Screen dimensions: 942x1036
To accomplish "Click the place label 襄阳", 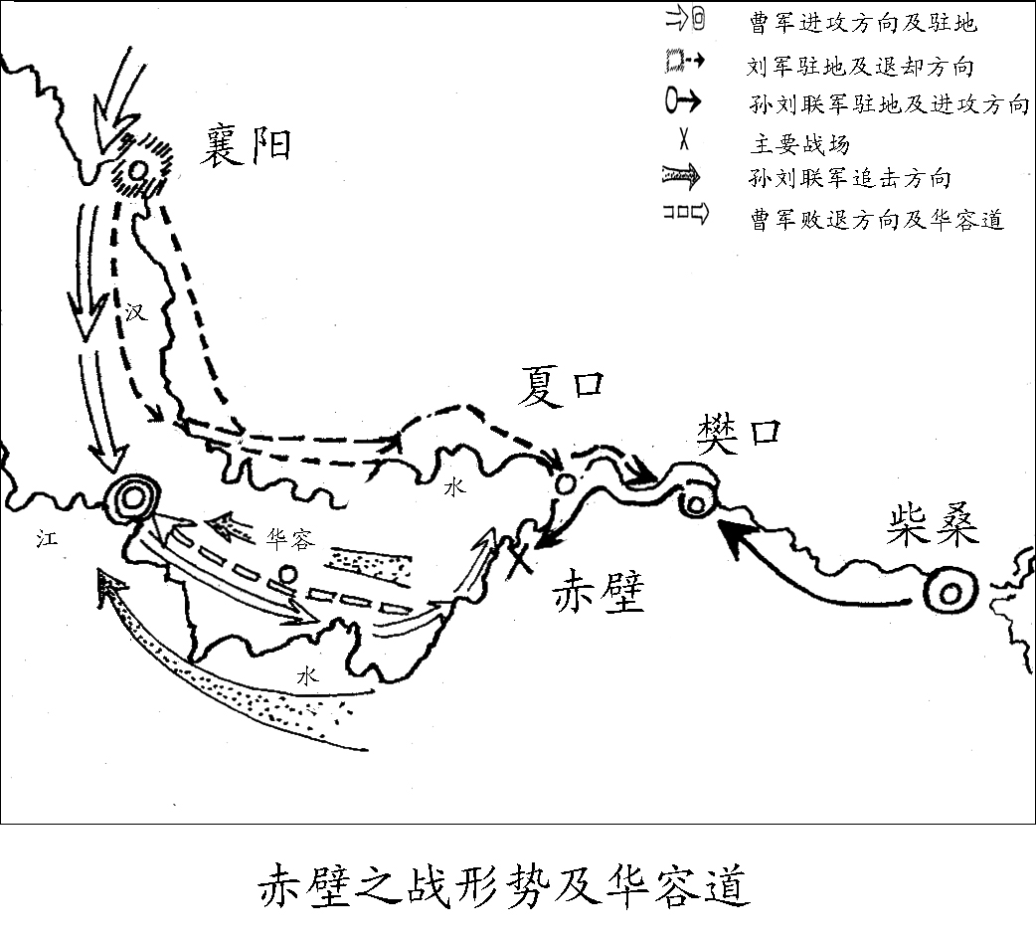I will (x=248, y=145).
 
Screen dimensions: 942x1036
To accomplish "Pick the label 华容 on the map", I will (x=290, y=538).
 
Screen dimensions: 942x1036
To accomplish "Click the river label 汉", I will (x=136, y=312).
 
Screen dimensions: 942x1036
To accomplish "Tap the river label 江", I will (x=39, y=538).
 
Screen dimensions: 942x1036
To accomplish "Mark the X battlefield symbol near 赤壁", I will (x=518, y=558).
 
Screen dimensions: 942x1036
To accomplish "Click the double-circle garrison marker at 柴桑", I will (x=949, y=593).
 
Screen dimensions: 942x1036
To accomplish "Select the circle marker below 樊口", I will (x=696, y=504).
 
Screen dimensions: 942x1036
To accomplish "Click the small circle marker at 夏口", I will (x=563, y=483).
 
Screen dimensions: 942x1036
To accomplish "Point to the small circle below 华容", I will (x=287, y=574).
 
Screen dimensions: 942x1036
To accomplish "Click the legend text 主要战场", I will (x=799, y=145).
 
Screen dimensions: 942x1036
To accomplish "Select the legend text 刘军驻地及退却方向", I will (x=859, y=67).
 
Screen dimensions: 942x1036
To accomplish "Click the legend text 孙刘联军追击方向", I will (x=850, y=179).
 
